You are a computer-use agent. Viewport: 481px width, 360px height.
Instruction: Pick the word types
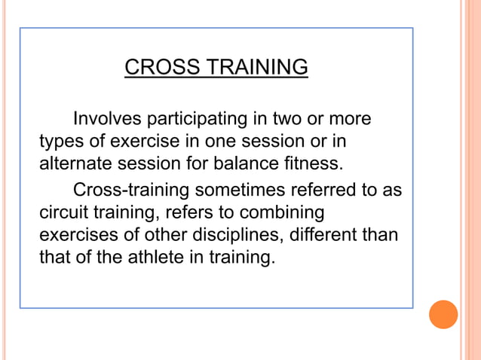pos(59,142)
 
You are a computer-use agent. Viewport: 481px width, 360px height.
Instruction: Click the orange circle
pos(443,314)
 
